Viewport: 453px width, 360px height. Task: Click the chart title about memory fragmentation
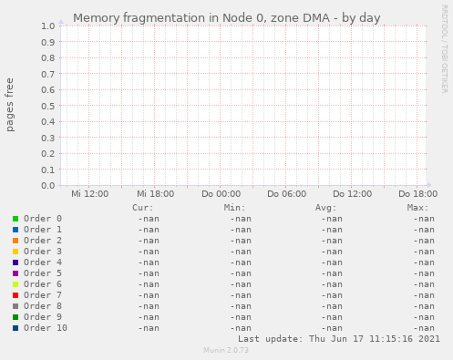coord(226,17)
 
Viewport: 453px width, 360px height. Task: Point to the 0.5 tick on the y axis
coord(47,106)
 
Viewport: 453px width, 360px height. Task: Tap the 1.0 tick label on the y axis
coord(47,26)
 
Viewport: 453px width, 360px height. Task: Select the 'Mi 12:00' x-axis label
coord(89,194)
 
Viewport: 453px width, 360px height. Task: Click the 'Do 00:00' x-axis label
coord(221,194)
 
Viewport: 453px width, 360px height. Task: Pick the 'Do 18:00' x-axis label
coord(417,194)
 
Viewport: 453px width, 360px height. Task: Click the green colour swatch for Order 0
coord(15,219)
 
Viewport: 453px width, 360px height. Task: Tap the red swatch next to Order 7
coord(15,295)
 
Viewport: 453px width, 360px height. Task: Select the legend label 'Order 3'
coord(43,252)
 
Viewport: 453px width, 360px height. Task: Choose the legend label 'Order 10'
coord(46,328)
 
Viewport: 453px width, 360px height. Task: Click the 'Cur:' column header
coord(143,208)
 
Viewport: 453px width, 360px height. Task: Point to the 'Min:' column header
coord(235,208)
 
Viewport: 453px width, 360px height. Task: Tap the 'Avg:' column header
coord(326,208)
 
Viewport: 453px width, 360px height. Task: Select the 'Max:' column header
coord(418,208)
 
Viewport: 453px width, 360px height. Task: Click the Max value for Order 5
coord(423,273)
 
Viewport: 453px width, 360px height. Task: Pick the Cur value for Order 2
coord(149,241)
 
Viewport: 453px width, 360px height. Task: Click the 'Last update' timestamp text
coord(338,338)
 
